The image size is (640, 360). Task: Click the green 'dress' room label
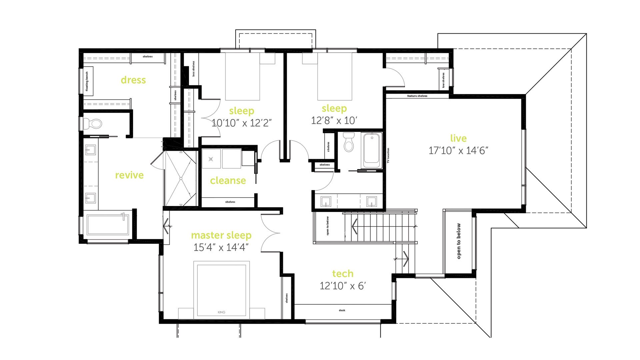133,80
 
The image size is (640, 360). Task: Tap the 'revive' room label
129,175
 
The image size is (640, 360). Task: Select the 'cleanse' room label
228,181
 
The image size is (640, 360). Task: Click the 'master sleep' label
221,235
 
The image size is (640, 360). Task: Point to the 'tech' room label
343,274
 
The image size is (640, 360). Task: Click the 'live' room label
458,138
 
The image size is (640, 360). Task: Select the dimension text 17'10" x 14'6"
458,151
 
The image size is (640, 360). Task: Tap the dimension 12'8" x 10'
334,120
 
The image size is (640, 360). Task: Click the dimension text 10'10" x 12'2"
242,123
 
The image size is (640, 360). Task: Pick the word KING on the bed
221,312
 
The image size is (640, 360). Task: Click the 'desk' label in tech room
342,310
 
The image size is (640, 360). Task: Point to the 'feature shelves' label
417,96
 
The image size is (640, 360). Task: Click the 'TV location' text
388,156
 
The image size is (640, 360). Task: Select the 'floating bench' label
87,81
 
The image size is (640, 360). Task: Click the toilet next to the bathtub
349,142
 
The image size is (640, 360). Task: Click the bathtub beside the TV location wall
372,150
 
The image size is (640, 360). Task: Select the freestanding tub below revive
108,224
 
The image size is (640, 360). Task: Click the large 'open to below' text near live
459,241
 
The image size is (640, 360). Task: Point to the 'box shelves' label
193,69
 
